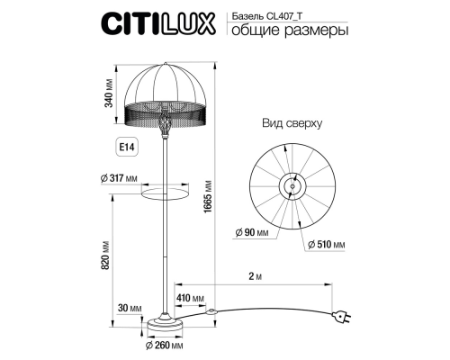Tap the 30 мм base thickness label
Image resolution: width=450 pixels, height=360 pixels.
click(130, 308)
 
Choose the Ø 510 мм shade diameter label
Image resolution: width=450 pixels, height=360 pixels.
click(325, 243)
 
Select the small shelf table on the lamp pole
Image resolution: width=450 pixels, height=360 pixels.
click(165, 188)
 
